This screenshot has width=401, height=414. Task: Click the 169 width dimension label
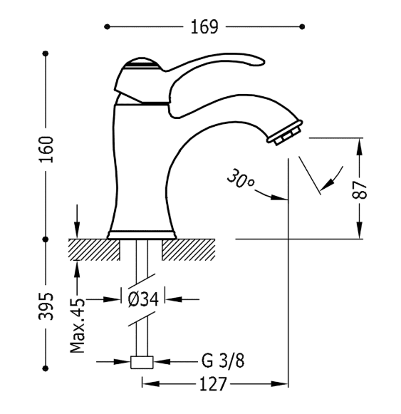click(204, 26)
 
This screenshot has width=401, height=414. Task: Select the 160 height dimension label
click(46, 150)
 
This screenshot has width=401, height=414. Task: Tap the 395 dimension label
click(46, 306)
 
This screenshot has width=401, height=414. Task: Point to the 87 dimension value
click(360, 190)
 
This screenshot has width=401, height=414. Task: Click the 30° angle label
click(240, 179)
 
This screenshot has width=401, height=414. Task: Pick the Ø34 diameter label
click(143, 299)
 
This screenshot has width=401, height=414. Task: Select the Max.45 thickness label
click(78, 326)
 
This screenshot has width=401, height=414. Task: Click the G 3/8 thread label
click(223, 361)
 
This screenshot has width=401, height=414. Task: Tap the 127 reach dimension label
click(213, 384)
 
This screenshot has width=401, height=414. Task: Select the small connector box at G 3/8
click(142, 362)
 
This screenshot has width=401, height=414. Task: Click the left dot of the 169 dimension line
click(107, 26)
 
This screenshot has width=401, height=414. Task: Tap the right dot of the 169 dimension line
click(303, 26)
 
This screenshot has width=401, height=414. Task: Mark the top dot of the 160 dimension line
click(46, 53)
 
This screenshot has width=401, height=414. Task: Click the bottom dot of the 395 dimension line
click(46, 368)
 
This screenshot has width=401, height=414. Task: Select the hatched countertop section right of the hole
click(189, 250)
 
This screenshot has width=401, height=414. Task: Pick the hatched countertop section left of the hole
click(94, 250)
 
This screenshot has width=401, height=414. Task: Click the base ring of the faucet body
click(142, 234)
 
